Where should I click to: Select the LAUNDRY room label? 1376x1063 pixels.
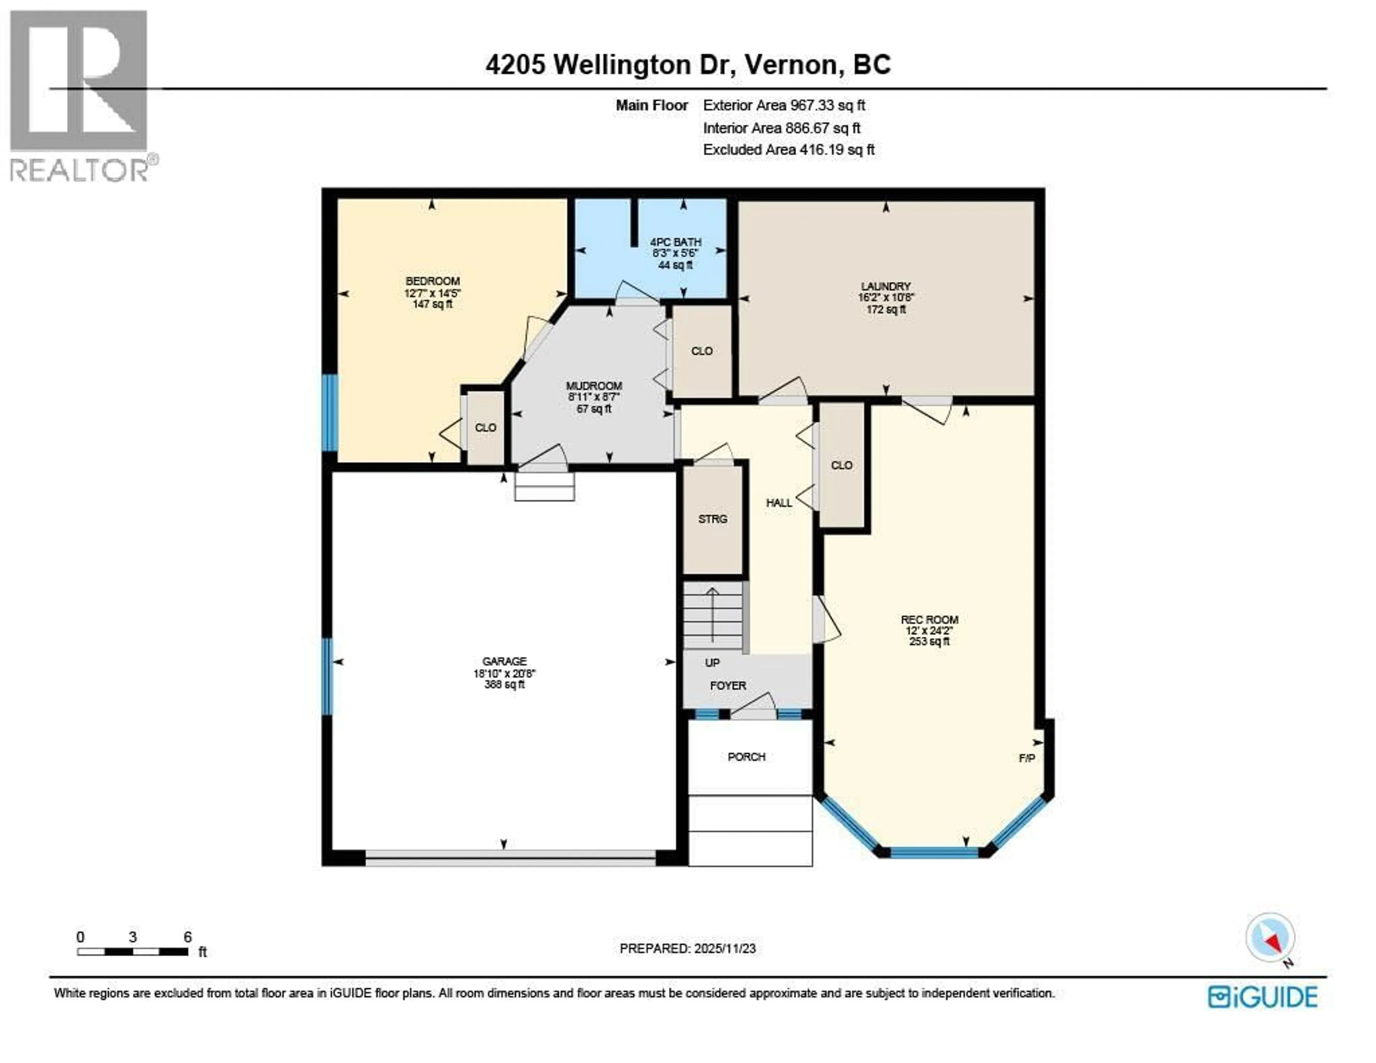point(886,286)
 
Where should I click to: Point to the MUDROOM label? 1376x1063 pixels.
point(593,386)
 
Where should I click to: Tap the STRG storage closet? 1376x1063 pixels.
point(713,519)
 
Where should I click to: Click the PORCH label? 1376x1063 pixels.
point(747,757)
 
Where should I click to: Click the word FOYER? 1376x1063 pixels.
point(728,686)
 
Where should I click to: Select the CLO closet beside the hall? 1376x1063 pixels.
point(842,465)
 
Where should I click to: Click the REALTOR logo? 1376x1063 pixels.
point(80,95)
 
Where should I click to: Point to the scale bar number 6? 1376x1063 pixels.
point(187,937)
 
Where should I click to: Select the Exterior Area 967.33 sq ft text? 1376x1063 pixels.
point(784,105)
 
